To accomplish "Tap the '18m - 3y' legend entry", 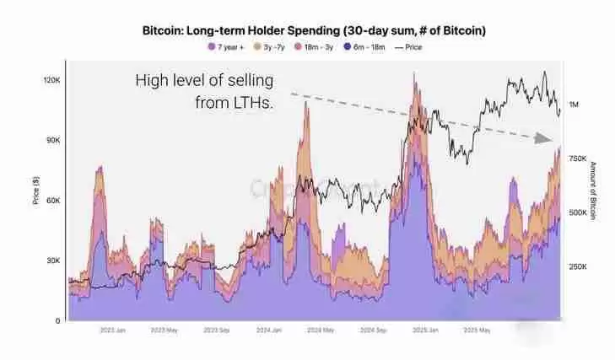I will coord(321,46).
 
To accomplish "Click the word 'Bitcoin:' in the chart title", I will coord(170,30).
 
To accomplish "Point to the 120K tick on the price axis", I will coord(51,80).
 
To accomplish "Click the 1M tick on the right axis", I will coord(575,105).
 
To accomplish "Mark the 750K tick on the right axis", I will coord(579,159).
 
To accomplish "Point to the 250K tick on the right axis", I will coord(579,266).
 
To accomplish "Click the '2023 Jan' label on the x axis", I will coord(113,331).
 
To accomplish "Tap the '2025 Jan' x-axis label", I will coord(424,331).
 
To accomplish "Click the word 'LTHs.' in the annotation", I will coord(256,103).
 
